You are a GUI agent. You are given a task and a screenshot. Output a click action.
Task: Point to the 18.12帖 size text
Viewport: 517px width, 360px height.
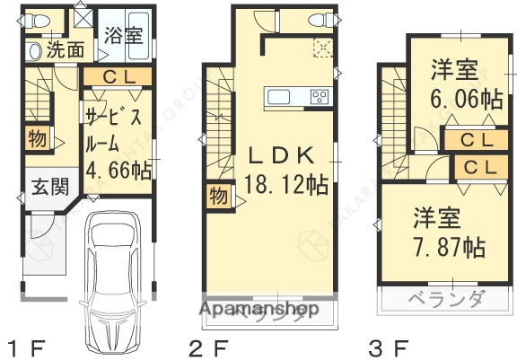coord(285,185)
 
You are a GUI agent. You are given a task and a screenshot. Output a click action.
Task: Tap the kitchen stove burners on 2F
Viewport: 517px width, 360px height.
coord(319,96)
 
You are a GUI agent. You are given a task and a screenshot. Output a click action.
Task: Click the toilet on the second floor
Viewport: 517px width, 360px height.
coord(318,20)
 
